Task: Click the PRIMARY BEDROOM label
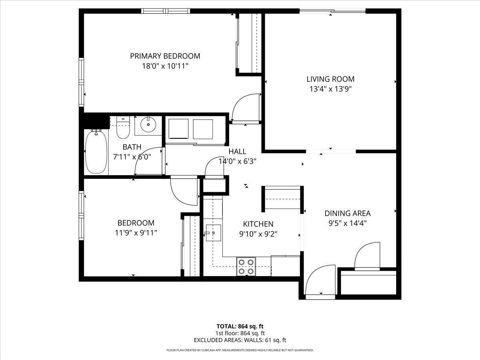(165, 56)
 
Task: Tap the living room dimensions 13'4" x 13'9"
(330, 89)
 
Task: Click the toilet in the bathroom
(123, 127)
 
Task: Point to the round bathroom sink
(148, 125)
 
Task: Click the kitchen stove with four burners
(246, 266)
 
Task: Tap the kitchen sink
(213, 232)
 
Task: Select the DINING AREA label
(347, 213)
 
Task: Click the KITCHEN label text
(258, 224)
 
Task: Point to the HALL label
(237, 152)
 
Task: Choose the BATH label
(132, 147)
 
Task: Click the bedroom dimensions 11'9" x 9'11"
(136, 232)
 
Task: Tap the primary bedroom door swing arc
(245, 107)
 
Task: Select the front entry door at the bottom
(320, 282)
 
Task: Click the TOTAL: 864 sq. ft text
(240, 326)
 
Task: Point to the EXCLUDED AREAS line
(240, 340)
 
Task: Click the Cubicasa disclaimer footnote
(240, 350)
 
